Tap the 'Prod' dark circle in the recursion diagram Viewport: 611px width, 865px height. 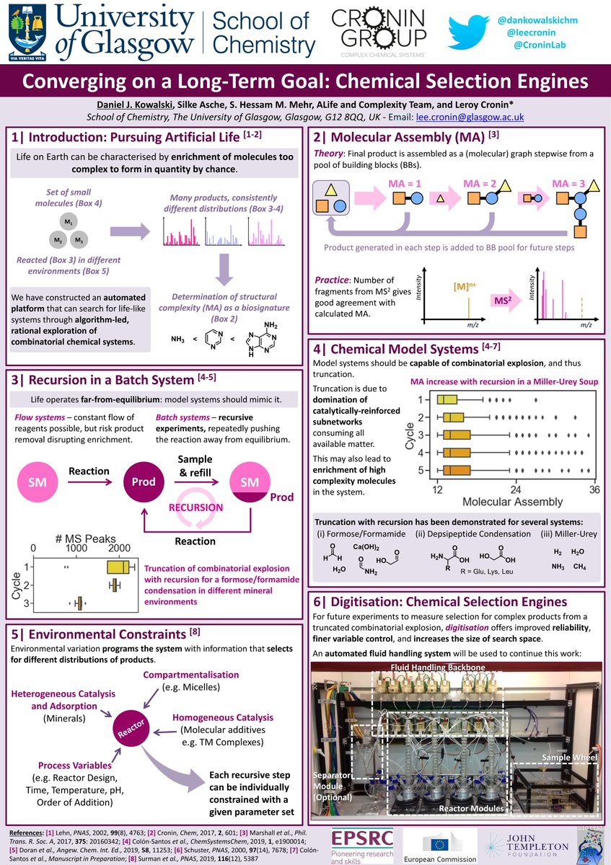point(143,482)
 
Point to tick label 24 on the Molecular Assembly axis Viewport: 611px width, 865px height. point(516,489)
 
